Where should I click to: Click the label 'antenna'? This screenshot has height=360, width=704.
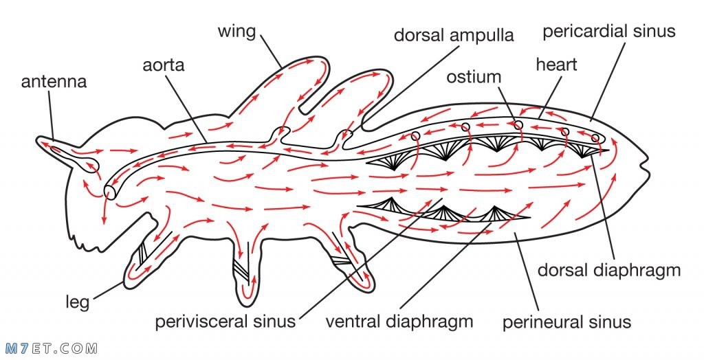click(54, 82)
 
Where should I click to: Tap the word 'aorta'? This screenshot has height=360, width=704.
click(164, 65)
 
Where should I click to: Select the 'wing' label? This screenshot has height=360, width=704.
click(236, 32)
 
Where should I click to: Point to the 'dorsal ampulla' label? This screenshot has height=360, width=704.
click(454, 36)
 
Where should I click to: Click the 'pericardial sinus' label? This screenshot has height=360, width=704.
click(609, 32)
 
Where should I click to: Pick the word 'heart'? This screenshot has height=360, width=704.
click(556, 65)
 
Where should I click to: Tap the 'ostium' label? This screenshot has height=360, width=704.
click(473, 77)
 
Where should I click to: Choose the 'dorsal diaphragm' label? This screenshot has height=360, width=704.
click(609, 271)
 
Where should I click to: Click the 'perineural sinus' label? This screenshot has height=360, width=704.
click(566, 322)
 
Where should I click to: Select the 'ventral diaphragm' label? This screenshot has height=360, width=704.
click(399, 322)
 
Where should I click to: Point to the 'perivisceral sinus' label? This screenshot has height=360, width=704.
click(225, 322)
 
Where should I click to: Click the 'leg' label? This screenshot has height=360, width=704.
click(77, 302)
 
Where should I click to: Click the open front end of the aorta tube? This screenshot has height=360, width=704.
click(109, 192)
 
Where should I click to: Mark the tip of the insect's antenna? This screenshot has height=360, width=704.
click(38, 140)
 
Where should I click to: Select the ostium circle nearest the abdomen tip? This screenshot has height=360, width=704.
click(595, 138)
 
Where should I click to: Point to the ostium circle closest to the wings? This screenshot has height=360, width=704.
click(415, 135)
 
